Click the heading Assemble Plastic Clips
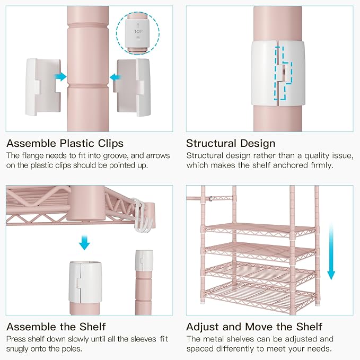click(x=65, y=143)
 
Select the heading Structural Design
click(x=231, y=143)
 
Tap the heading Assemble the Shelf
click(x=56, y=327)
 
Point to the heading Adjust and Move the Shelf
click(x=254, y=327)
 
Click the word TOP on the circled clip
click(x=138, y=31)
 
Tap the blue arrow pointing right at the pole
click(x=60, y=77)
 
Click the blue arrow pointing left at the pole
click(x=116, y=77)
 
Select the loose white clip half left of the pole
click(x=43, y=87)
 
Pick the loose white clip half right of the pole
click(x=132, y=87)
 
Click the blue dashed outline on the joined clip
click(x=283, y=73)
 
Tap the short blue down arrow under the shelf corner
click(x=84, y=242)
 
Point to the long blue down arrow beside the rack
click(x=331, y=252)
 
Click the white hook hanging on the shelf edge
click(x=142, y=216)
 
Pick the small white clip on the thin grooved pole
click(x=144, y=260)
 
